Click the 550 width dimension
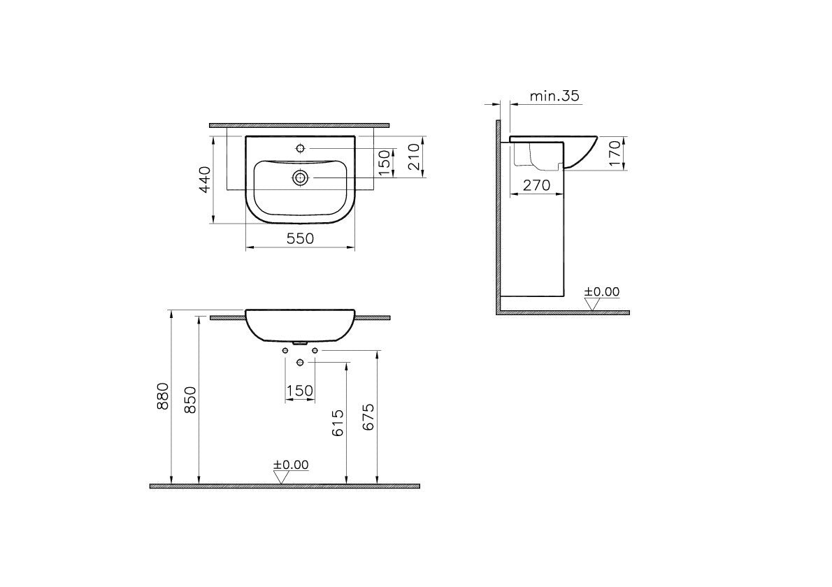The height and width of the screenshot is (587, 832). pos(300,238)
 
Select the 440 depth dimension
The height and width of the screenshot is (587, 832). pos(203,180)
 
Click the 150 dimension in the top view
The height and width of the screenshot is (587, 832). pos(382,163)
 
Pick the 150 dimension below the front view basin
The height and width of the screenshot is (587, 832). pos(299,391)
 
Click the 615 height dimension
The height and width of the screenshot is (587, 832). pos(338,423)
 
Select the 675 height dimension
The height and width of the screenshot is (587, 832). pos(369,417)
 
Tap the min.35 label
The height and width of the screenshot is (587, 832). pos(554,96)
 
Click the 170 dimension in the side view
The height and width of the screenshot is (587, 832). pos(614,153)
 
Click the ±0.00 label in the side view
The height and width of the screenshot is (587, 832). pos(602,291)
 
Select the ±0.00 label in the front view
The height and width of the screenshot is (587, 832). pos(291,464)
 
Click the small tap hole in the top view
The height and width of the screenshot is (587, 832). pos(300,148)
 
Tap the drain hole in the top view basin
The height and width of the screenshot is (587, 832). pos(300,178)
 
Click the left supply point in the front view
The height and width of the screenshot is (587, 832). pos(285,349)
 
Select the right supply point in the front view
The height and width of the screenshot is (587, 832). pos(315,349)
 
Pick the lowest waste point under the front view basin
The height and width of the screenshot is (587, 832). pos(300,362)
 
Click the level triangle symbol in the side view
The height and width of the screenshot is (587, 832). pos(593,304)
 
